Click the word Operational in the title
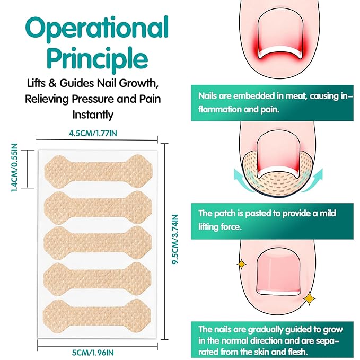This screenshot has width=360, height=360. tap(97, 29)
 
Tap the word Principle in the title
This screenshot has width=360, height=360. tap(98, 58)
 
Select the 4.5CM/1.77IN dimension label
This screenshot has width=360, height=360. tap(93, 133)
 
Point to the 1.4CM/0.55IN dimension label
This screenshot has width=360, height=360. tap(14, 168)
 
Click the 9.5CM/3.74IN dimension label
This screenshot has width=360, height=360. tap(175, 239)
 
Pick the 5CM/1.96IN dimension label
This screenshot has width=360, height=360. tap(93, 353)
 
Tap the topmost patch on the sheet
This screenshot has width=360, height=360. tap(98, 171)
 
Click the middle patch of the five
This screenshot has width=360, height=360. tap(98, 243)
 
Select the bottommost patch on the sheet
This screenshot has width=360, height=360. tap(97, 316)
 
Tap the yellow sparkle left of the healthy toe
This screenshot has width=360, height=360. tap(242, 264)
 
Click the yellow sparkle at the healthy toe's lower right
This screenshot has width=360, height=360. tap(309, 298)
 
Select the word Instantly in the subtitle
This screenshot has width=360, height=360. tap(93, 115)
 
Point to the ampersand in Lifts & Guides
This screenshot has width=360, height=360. tap(52, 83)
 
